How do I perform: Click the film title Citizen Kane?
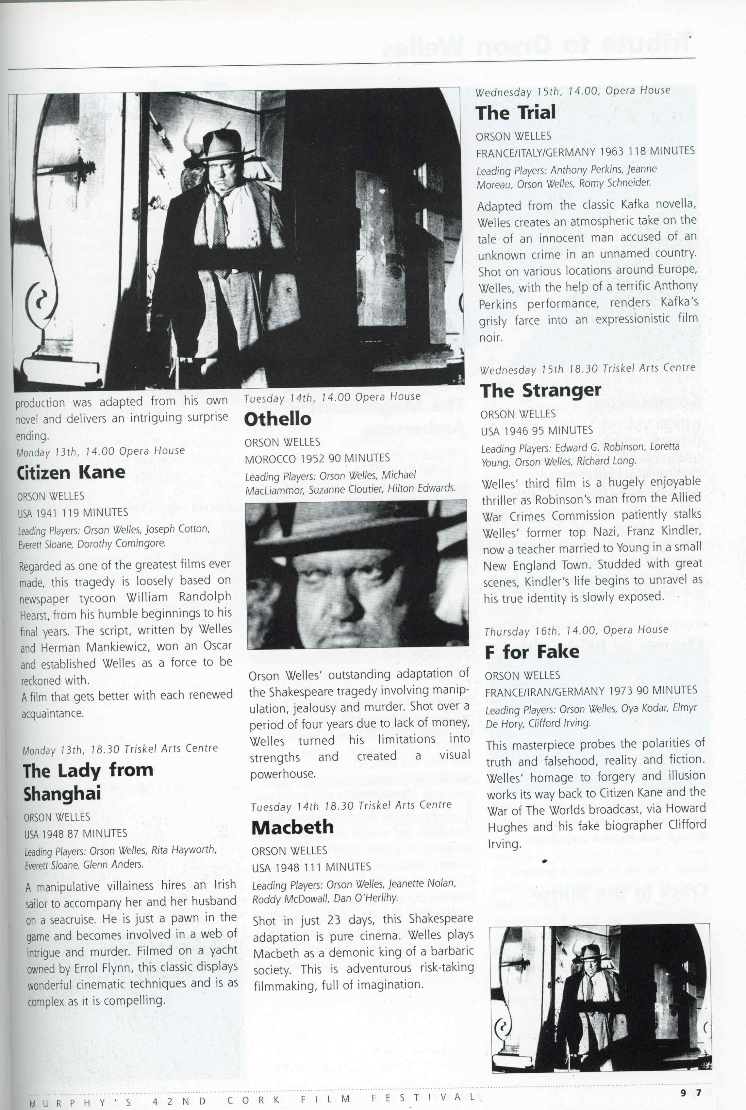(x=71, y=472)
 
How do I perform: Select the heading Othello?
(x=277, y=419)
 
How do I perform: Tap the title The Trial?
(x=515, y=113)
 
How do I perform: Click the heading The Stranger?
(x=540, y=390)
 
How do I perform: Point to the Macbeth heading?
(x=292, y=827)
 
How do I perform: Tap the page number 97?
(x=691, y=1092)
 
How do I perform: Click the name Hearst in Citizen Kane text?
(x=34, y=615)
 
